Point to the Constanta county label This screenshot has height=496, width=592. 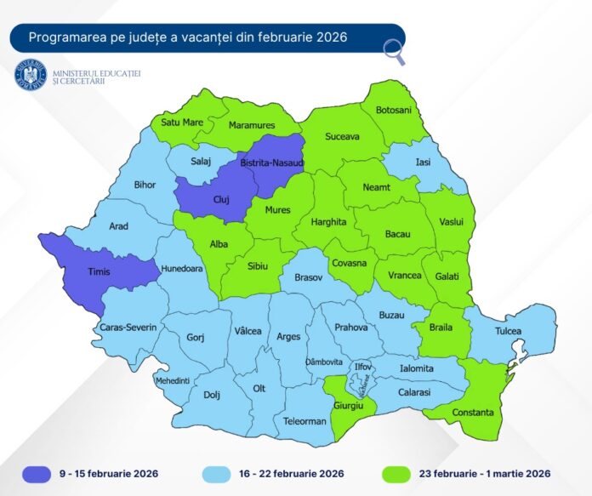[474, 412]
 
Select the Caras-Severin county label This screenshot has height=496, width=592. [128, 328]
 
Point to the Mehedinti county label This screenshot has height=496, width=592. [172, 380]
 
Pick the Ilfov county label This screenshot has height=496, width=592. [363, 367]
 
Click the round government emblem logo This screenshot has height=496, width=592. [31, 74]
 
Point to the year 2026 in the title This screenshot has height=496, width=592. [331, 37]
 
